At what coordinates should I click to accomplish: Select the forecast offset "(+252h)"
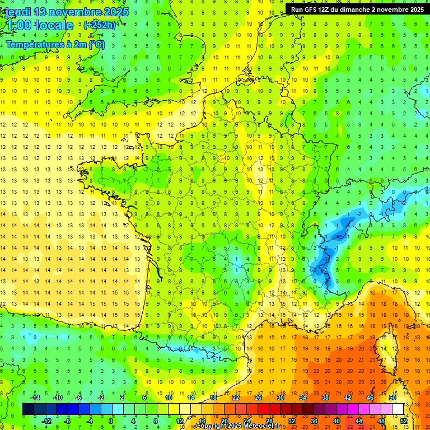[100, 25]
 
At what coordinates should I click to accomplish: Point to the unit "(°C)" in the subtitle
[96, 45]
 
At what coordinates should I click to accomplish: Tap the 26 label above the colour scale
[258, 398]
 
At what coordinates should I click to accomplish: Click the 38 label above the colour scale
[325, 398]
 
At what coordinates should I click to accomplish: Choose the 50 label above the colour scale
[392, 398]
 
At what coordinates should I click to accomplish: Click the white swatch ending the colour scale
[398, 409]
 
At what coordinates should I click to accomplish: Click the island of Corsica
[385, 344]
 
